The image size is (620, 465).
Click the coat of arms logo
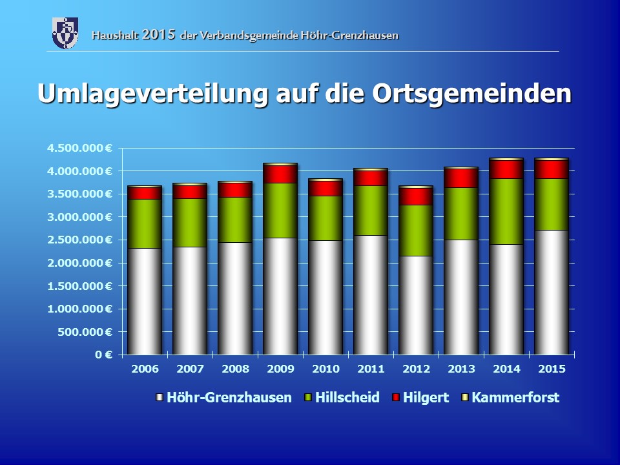65,33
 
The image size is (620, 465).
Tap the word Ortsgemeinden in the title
472,93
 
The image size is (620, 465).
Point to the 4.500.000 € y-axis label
79,148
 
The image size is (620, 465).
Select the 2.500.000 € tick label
79,240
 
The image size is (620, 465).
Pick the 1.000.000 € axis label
79,309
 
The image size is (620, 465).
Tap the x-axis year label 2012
416,369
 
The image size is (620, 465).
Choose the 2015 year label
552,369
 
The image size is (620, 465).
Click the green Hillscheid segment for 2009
280,211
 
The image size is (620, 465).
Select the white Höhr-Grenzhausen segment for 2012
416,305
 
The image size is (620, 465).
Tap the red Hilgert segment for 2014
506,169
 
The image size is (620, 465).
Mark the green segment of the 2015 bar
552,204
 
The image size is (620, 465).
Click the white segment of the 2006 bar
144,301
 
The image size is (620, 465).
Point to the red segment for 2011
371,178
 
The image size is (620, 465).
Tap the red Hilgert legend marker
396,398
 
